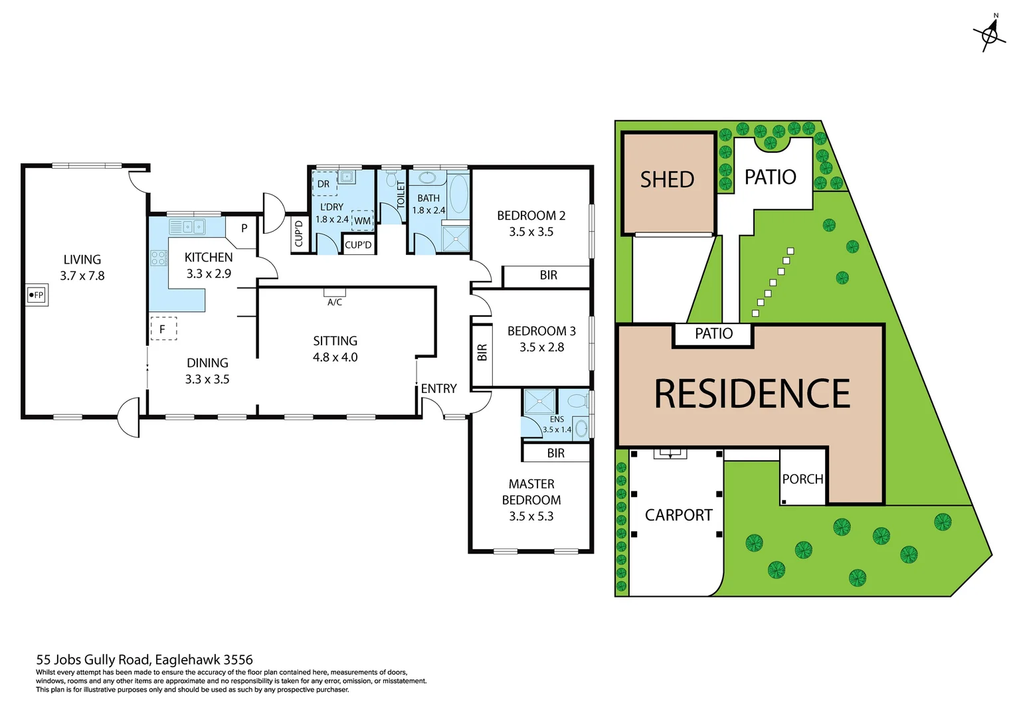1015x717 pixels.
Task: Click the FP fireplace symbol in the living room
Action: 37,295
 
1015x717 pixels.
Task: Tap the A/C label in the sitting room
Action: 335,302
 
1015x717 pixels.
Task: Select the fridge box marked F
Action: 163,329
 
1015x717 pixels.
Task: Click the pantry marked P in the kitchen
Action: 244,228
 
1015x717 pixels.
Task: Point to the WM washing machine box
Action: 362,220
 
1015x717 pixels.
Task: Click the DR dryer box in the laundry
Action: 323,184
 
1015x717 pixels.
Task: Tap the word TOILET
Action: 401,195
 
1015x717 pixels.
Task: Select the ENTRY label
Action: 438,389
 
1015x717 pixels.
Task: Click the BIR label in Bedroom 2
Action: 548,276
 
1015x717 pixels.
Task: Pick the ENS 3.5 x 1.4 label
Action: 557,425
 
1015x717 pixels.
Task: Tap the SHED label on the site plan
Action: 667,180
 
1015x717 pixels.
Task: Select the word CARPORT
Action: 678,515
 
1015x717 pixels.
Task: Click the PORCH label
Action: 802,479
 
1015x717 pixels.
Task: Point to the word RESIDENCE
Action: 752,394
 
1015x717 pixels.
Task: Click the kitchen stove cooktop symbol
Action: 158,258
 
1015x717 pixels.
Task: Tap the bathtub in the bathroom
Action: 458,194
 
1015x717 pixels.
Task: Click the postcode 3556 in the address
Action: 238,660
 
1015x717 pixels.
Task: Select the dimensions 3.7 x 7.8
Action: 82,276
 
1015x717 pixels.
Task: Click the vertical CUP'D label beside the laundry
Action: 298,234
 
